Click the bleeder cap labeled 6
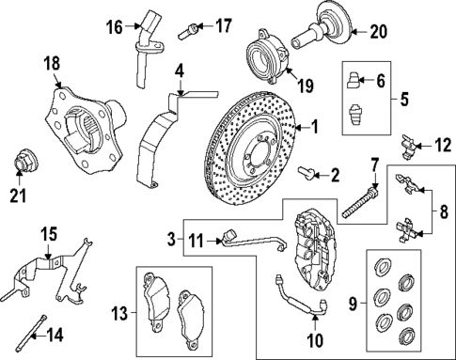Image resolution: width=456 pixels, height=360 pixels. [354, 79]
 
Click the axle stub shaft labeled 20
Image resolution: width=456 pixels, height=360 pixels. [320, 34]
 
